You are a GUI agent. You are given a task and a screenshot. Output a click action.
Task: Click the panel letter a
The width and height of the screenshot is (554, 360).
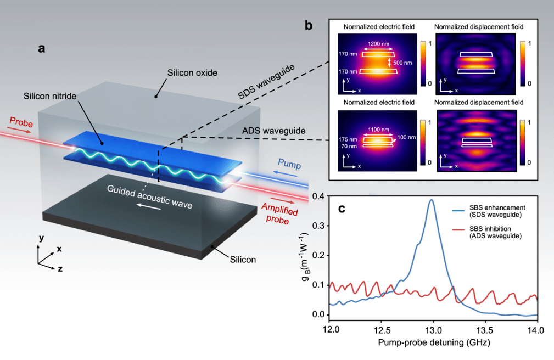click(x=42, y=48)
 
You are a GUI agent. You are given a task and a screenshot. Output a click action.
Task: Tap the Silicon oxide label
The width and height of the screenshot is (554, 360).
click(x=192, y=73)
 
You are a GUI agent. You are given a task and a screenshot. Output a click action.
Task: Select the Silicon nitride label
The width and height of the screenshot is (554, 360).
click(x=50, y=96)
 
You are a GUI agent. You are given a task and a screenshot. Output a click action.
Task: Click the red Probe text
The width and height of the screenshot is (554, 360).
click(x=21, y=122)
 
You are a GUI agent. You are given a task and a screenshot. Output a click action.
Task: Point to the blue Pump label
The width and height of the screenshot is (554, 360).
click(x=289, y=164)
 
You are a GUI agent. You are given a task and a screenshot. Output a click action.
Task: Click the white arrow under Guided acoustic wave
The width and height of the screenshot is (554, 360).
click(x=149, y=206)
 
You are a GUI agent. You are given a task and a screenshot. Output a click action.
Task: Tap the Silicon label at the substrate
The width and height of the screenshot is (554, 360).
click(x=243, y=260)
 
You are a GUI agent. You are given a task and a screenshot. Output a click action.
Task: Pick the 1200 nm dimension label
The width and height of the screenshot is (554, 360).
click(x=378, y=44)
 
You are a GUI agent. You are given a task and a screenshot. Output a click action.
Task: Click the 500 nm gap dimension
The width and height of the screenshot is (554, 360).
click(x=402, y=63)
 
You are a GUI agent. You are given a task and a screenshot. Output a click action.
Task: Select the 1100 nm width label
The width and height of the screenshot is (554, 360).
click(x=378, y=130)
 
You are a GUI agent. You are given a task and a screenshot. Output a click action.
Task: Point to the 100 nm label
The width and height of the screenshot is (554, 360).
click(x=406, y=137)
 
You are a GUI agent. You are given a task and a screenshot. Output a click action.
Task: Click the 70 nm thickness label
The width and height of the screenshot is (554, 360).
click(x=349, y=146)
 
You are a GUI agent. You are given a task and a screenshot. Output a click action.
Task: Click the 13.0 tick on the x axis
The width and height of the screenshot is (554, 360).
click(x=433, y=330)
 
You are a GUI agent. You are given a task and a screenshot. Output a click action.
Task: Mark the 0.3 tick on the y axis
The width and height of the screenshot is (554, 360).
click(x=318, y=226)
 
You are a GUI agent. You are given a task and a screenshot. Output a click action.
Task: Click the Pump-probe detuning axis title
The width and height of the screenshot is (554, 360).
click(x=434, y=342)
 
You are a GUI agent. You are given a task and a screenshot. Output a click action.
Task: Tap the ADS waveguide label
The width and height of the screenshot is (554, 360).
click(x=274, y=131)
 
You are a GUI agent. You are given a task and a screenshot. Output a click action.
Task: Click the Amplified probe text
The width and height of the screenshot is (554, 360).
click(x=279, y=213)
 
